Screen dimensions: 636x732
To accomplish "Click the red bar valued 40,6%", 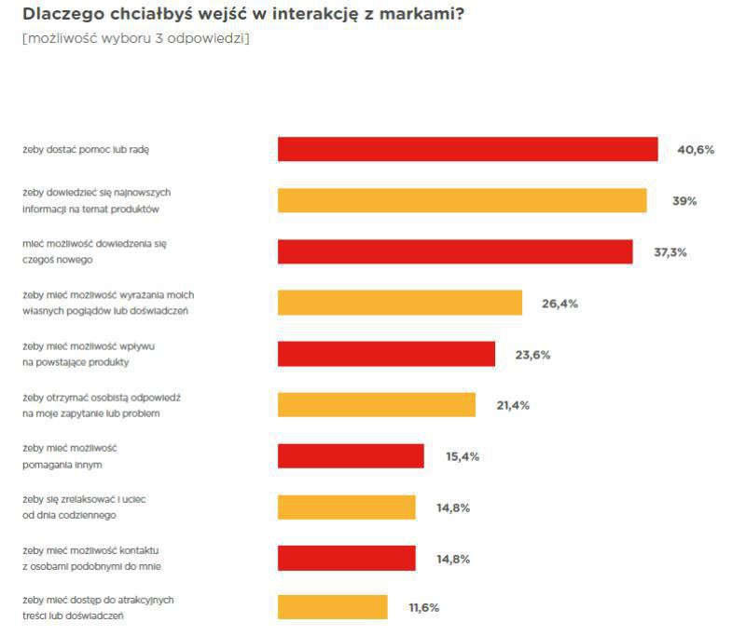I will click(467, 149).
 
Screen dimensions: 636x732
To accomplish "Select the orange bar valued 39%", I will click(462, 200).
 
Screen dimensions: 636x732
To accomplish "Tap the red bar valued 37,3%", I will click(455, 251).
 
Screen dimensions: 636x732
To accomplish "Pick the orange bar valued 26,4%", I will click(399, 303).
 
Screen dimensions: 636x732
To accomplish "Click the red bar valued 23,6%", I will click(386, 354).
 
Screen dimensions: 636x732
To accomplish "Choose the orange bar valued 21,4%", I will click(377, 405).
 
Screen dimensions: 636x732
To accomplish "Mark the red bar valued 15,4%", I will click(351, 456).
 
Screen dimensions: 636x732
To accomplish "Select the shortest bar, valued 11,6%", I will click(332, 607).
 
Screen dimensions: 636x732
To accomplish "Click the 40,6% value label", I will click(695, 149).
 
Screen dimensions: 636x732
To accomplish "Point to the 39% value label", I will click(684, 200).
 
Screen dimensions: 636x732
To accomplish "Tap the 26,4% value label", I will click(559, 303).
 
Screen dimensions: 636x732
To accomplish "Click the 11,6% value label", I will click(423, 607).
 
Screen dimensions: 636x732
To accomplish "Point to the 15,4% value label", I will click(463, 456).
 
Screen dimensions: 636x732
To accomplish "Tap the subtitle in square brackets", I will click(135, 38).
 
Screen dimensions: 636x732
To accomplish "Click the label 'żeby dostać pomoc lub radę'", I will click(85, 149).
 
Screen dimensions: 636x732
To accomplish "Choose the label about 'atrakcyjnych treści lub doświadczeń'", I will click(98, 607).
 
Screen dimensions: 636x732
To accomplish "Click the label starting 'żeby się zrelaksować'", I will click(84, 507).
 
